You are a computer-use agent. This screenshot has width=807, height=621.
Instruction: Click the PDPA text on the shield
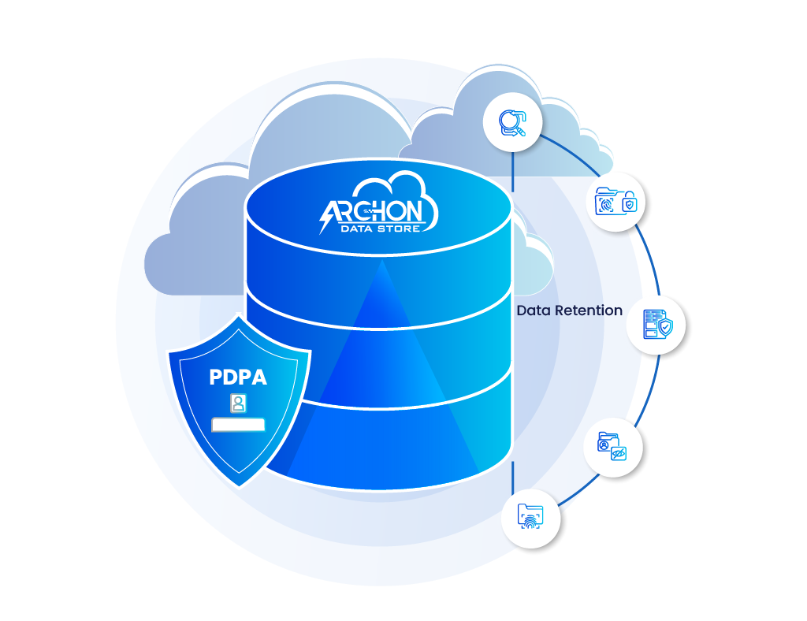[238, 377]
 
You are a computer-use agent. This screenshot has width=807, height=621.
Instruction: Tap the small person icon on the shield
[238, 403]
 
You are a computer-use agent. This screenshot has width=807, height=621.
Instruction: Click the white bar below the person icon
[238, 425]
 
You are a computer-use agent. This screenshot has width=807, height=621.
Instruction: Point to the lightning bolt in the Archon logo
[326, 218]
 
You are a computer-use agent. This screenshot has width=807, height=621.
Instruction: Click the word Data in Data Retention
[534, 310]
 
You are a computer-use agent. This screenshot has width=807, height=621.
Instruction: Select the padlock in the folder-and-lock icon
[629, 205]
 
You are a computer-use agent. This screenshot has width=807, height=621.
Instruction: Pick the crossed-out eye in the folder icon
[619, 453]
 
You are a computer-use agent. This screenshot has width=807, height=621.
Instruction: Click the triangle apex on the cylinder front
[383, 263]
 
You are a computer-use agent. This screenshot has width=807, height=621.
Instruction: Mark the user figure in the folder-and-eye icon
[604, 445]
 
